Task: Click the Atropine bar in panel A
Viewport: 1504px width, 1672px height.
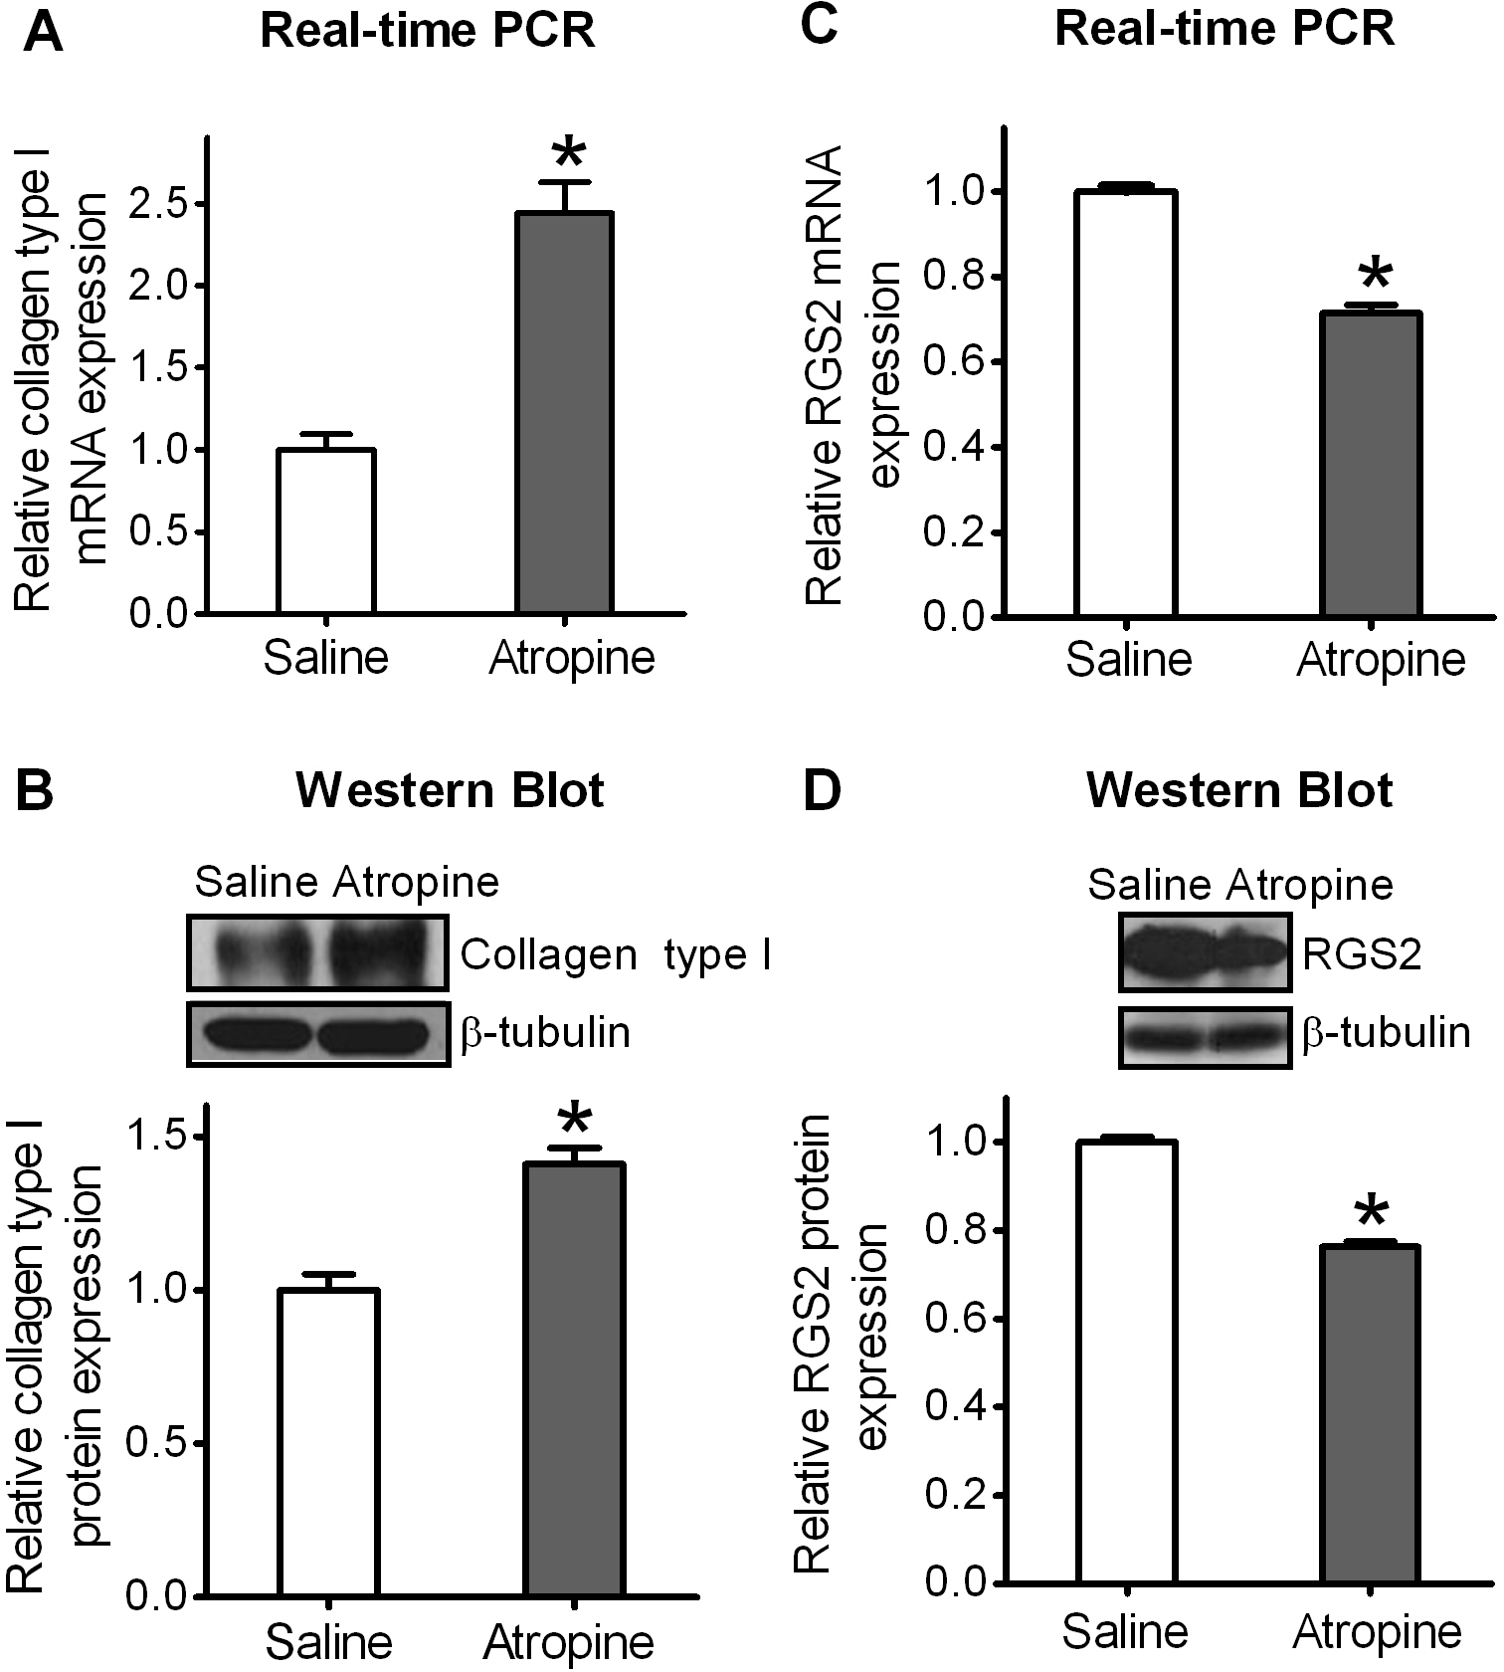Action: point(564,412)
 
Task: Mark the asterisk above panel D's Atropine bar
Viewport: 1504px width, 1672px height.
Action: point(1371,1213)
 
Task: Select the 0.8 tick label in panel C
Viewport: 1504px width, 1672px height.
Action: point(953,277)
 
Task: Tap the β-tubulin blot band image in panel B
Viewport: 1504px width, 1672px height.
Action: point(318,1033)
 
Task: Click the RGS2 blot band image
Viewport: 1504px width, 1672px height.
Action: point(1206,954)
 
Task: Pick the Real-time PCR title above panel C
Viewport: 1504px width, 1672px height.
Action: point(1224,30)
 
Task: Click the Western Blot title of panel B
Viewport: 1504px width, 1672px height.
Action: point(450,791)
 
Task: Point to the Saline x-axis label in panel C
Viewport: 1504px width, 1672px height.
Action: point(1129,659)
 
